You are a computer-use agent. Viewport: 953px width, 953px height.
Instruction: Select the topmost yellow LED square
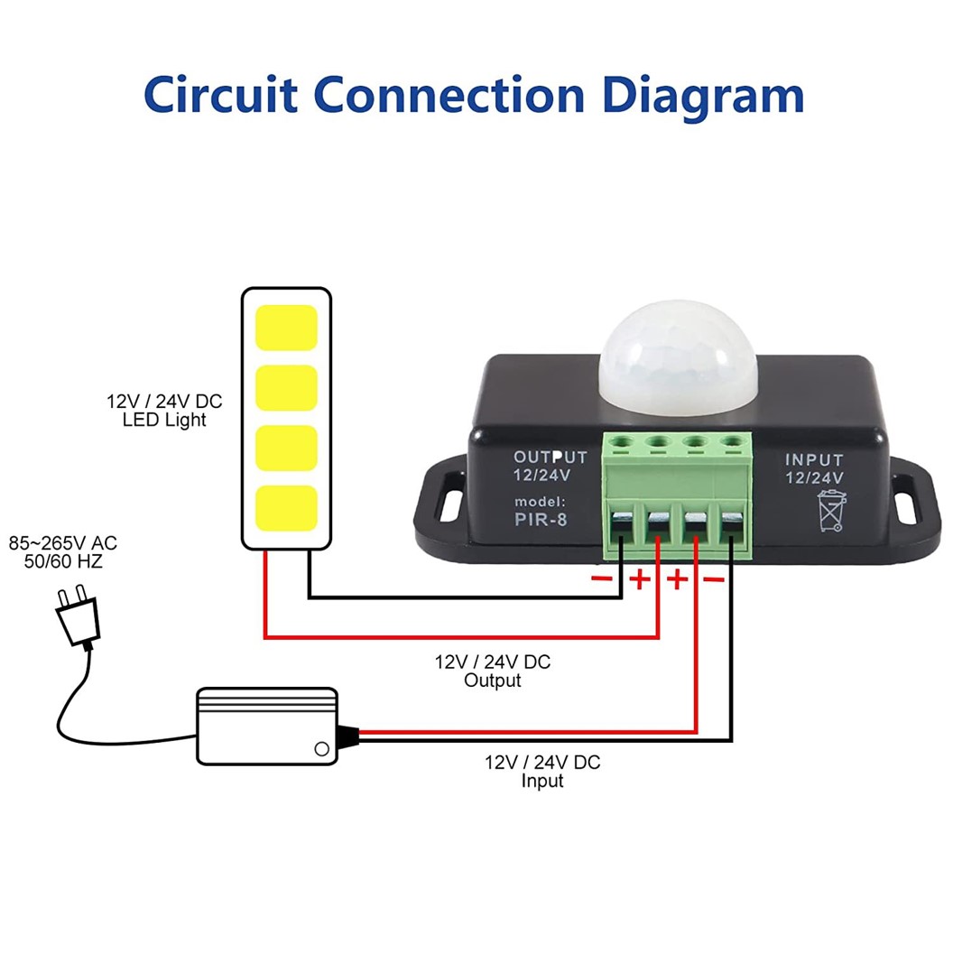click(286, 328)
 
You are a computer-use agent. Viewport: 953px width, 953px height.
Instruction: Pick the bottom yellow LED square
click(286, 508)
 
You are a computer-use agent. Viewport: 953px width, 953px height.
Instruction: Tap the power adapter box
click(267, 727)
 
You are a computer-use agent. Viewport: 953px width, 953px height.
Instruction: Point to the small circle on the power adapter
click(319, 748)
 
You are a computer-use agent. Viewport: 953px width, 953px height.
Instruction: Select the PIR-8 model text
click(541, 519)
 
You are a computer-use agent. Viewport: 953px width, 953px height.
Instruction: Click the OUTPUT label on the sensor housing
click(550, 458)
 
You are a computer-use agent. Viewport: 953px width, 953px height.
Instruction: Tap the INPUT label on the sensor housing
click(814, 459)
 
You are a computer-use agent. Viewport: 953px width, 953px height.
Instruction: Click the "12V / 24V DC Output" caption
click(493, 671)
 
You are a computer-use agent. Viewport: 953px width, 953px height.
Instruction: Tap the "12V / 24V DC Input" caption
click(542, 771)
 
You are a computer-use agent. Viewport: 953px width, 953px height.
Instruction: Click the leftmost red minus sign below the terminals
click(602, 578)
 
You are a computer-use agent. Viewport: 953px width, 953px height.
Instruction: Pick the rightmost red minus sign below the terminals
click(713, 578)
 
